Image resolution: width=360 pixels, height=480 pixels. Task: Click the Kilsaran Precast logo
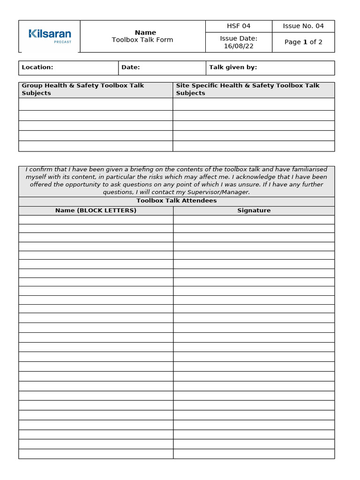click(50, 35)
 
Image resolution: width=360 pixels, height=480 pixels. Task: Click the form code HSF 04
click(239, 26)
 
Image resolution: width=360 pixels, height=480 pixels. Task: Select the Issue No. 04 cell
click(303, 26)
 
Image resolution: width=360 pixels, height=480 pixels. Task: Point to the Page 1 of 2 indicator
click(303, 42)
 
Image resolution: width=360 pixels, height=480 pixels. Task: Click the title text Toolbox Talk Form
click(142, 40)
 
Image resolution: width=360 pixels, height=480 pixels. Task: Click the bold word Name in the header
click(145, 32)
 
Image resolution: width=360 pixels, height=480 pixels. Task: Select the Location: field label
click(37, 67)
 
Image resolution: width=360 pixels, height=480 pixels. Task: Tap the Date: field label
click(131, 67)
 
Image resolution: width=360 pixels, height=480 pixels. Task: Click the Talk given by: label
click(233, 67)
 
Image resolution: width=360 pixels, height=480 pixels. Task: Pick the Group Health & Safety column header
click(83, 89)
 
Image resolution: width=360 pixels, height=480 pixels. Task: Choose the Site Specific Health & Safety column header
click(247, 89)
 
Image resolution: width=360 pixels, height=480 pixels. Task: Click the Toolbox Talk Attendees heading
click(176, 201)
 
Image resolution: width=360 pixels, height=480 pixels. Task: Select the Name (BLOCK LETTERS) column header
click(96, 210)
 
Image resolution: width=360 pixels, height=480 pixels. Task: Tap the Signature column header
click(254, 210)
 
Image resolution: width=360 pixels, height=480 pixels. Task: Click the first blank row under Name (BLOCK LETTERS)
click(96, 219)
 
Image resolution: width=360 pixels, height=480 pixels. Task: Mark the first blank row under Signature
click(254, 219)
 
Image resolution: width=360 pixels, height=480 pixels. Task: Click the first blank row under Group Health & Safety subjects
click(96, 104)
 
